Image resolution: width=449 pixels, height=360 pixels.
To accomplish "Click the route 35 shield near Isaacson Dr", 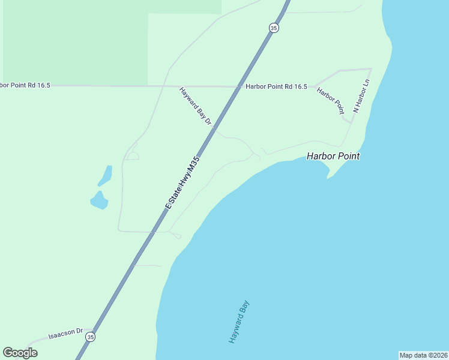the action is coord(90,337).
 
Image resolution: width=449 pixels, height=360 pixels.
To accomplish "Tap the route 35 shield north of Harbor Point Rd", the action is coord(274,28).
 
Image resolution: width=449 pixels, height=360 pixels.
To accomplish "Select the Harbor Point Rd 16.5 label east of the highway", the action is coord(276,87).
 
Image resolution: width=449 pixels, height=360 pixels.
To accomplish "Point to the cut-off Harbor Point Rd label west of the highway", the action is coord(25,86).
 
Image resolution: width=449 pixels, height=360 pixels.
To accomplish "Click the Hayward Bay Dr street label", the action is coord(196,107).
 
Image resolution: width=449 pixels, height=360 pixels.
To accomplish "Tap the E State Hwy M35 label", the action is coord(182,183).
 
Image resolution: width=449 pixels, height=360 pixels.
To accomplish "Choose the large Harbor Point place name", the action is coord(333,156).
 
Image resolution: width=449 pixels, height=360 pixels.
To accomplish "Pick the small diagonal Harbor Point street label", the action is coord(331,101).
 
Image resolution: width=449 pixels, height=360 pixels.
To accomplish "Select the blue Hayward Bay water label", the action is coord(239,322).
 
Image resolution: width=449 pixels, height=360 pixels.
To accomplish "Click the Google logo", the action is coord(20,353).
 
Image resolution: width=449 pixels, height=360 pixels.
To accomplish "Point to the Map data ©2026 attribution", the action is coord(423,355).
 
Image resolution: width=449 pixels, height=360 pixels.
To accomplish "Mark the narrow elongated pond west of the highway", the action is coord(105,175).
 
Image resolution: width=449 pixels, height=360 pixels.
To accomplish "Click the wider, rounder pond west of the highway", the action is coord(99,200).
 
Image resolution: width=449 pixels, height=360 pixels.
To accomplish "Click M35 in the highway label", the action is coord(191,167).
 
